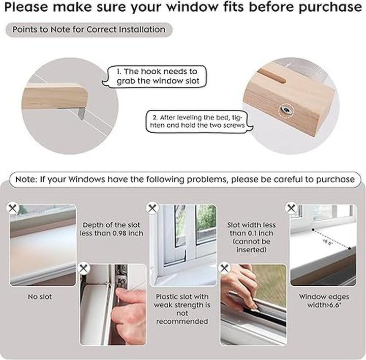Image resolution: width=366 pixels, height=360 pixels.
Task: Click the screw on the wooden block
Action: point(286,109)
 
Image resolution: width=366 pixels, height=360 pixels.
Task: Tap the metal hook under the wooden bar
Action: point(81,113)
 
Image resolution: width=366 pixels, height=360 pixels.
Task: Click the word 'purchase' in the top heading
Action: point(330,8)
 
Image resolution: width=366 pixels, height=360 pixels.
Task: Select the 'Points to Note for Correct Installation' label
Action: point(89,29)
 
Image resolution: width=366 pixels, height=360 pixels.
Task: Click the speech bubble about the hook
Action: point(155,76)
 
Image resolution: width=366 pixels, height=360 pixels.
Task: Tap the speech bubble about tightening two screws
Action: point(199,122)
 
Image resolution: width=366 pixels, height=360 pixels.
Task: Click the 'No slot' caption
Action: point(40,297)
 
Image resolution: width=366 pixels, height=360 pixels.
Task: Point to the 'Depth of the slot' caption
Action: point(111,229)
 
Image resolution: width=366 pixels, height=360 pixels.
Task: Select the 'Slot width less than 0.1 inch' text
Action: point(252,237)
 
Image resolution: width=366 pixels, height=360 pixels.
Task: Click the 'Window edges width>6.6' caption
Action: point(324,301)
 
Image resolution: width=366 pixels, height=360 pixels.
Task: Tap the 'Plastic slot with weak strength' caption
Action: point(182,309)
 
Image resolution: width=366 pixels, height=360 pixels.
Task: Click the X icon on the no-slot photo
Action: point(12,207)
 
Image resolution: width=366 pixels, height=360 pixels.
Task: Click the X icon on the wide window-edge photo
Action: point(291,207)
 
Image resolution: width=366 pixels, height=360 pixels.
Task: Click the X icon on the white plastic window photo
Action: point(152,207)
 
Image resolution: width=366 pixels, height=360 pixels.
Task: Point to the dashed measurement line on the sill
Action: point(331,239)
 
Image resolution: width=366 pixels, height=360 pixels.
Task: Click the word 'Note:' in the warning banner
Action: point(26,179)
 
